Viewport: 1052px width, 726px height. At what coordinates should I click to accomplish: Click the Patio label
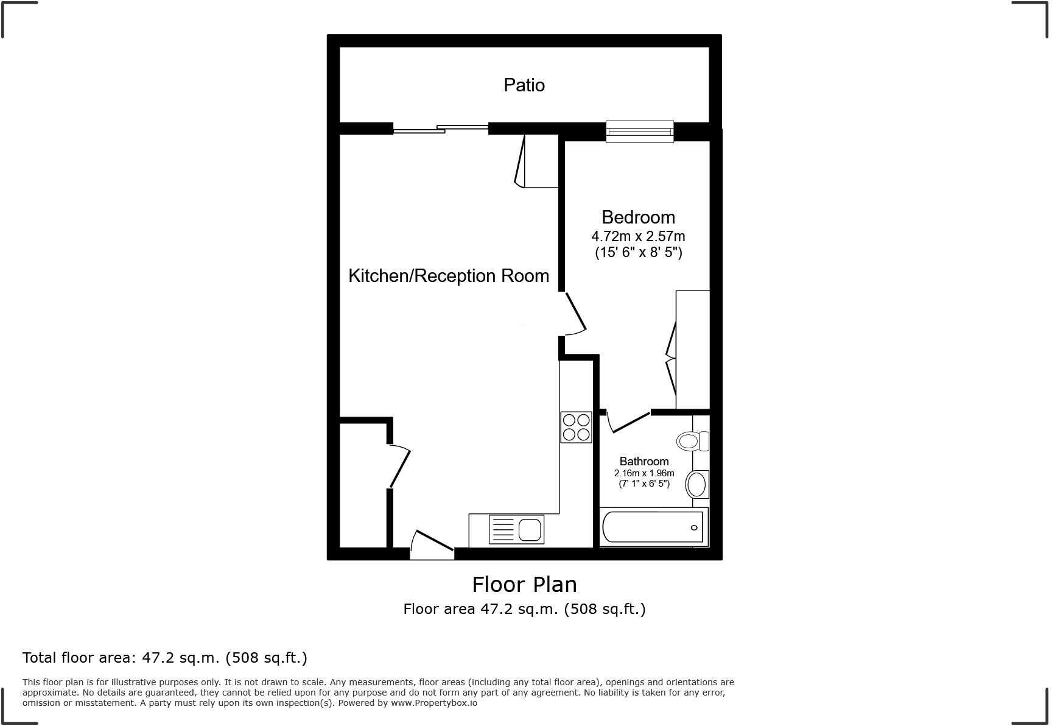[524, 85]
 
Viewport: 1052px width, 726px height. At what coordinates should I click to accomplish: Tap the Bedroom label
[638, 217]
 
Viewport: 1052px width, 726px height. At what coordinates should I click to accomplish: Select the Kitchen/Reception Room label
[449, 275]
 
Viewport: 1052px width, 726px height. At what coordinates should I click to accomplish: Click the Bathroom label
[644, 461]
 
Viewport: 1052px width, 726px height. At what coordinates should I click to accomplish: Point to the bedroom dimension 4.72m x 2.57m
[638, 236]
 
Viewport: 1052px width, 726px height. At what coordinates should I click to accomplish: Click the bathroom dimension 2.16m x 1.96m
[644, 473]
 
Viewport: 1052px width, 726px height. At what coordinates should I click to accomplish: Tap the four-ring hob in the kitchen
[576, 427]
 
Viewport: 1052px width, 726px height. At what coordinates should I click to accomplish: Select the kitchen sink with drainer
[516, 529]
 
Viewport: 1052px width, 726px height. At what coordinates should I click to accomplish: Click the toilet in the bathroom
[693, 440]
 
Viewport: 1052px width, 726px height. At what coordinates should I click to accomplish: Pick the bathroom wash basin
[696, 485]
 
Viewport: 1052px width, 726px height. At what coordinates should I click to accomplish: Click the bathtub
[653, 527]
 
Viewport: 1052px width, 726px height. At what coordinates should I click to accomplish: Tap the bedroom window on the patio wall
[640, 131]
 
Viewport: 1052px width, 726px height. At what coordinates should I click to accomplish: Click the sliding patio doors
[441, 129]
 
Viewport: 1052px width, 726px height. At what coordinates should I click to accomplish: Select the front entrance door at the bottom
[432, 545]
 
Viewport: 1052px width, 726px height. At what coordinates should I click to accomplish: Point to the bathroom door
[629, 421]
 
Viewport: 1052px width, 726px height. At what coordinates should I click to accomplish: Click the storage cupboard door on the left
[400, 467]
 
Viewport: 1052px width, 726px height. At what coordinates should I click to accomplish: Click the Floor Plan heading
[524, 584]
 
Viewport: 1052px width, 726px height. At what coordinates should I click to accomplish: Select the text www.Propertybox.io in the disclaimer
[434, 703]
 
